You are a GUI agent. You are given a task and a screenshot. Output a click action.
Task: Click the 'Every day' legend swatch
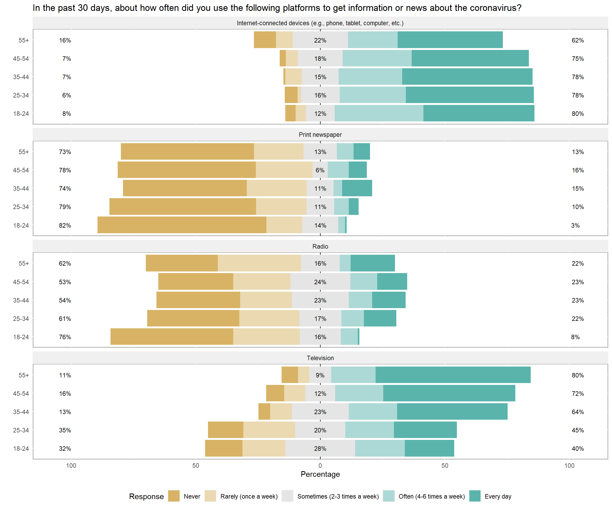coord(475,496)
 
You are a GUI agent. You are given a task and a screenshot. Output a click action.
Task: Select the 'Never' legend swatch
coord(174,496)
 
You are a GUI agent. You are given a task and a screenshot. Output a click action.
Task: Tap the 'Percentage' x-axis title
coord(320,474)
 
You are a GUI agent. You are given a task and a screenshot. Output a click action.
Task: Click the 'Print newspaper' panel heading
coord(320,135)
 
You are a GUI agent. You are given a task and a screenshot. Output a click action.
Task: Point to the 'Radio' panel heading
coord(320,246)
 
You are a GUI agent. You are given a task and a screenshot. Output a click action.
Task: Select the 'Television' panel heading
coord(320,358)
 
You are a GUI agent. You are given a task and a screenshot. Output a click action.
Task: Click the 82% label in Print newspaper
coord(65,225)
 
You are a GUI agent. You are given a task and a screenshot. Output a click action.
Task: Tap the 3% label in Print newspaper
coord(575,225)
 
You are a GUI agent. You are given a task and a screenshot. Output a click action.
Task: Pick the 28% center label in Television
coord(320,449)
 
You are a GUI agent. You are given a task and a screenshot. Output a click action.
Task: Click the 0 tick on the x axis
coord(320,465)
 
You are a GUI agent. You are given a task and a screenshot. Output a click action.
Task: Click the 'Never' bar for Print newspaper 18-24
coord(182,225)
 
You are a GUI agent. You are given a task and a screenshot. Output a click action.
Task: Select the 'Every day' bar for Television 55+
coord(453,375)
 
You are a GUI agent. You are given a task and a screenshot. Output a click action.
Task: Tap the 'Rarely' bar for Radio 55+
coord(259,263)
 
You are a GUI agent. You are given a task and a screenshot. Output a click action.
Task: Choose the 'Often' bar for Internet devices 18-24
coord(379,113)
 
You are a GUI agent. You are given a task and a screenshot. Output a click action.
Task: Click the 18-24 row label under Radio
coord(21,337)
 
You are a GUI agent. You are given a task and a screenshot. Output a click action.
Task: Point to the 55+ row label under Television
coord(24,375)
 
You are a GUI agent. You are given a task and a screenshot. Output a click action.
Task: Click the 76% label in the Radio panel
coord(65,337)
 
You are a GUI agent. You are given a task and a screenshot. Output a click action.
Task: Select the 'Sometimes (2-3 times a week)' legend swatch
coord(287,496)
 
